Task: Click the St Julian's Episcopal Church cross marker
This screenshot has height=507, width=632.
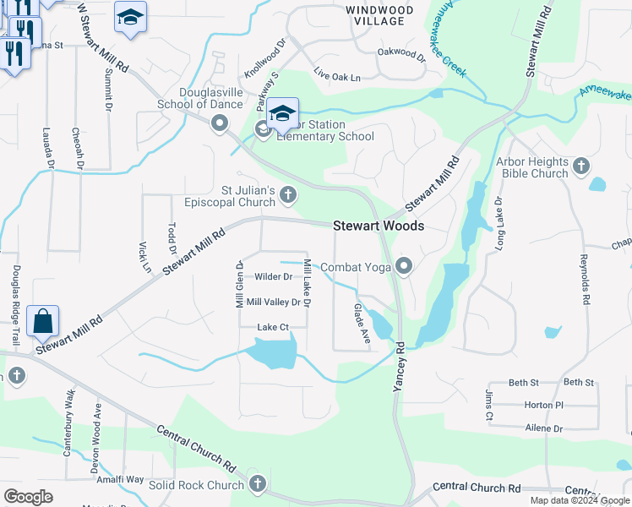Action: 287,196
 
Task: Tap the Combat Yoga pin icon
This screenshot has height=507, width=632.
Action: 404,268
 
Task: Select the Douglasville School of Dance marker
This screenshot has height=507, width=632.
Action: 221,125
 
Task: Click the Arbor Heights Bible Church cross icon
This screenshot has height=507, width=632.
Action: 580,166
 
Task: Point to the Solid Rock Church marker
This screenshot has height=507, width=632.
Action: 258,485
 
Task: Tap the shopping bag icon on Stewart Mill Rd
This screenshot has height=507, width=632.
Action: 42,322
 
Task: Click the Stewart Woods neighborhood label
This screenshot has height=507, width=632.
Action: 378,226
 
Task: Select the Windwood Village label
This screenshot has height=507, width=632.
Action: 379,14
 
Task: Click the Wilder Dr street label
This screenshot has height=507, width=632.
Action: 273,276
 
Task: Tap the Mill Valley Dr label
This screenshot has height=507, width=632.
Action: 273,302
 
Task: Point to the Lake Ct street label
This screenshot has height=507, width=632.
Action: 273,326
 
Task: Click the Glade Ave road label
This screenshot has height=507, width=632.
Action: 362,323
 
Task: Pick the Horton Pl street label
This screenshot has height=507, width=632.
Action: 542,406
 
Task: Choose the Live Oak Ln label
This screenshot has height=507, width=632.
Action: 337,76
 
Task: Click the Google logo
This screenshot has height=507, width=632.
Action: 28,497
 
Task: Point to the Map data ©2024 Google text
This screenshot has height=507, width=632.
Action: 579,500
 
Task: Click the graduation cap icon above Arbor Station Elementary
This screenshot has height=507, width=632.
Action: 282,112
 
